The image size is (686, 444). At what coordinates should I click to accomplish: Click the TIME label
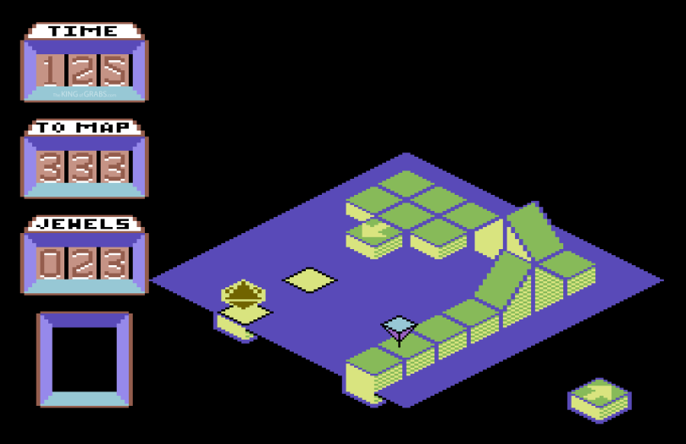(83, 31)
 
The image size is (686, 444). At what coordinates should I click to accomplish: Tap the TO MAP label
(83, 128)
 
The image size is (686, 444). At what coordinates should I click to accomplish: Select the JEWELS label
(83, 225)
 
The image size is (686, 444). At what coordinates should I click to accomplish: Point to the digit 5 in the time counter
(114, 70)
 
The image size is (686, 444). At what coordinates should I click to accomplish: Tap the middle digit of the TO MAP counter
(83, 167)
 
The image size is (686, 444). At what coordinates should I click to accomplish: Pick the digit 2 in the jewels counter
(83, 263)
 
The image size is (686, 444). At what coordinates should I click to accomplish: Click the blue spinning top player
(399, 328)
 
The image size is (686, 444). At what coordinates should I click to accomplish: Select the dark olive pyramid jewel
(244, 293)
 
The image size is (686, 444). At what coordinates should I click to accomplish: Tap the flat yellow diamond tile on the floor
(309, 279)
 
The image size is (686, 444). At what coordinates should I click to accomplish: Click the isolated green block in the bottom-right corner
(599, 399)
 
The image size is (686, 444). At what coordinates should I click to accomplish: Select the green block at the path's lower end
(373, 373)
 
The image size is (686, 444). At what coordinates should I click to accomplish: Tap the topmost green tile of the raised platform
(407, 183)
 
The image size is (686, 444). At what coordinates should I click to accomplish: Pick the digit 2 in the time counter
(83, 70)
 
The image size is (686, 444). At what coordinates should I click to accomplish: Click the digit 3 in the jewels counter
(114, 263)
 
